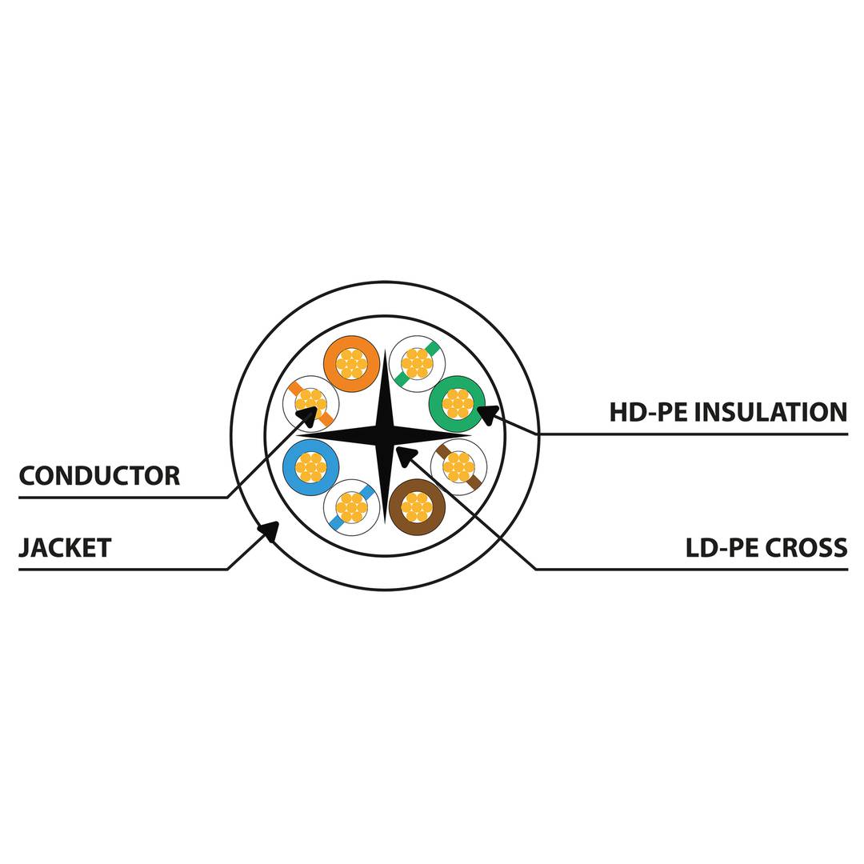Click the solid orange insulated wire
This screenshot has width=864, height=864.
[x=351, y=363]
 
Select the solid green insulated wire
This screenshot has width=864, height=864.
[x=457, y=403]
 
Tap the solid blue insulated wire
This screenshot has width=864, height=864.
[x=310, y=466]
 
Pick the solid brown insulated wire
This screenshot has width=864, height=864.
[x=417, y=506]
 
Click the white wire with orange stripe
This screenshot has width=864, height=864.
[x=310, y=403]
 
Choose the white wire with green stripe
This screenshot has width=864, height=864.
[x=417, y=363]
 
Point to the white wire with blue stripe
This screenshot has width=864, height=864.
[x=351, y=507]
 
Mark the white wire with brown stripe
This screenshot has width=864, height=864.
[x=458, y=466]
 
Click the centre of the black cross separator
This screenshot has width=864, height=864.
[x=385, y=436]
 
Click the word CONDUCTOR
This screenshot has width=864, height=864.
[x=99, y=476]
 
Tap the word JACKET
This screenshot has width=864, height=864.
[x=65, y=548]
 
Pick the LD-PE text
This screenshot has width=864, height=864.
[x=721, y=548]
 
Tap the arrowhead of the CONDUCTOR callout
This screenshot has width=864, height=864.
[x=309, y=414]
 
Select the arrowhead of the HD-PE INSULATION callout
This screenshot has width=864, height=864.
[x=485, y=413]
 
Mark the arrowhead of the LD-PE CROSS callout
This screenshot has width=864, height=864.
[x=404, y=454]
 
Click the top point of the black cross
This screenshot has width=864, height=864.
[x=386, y=351]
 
